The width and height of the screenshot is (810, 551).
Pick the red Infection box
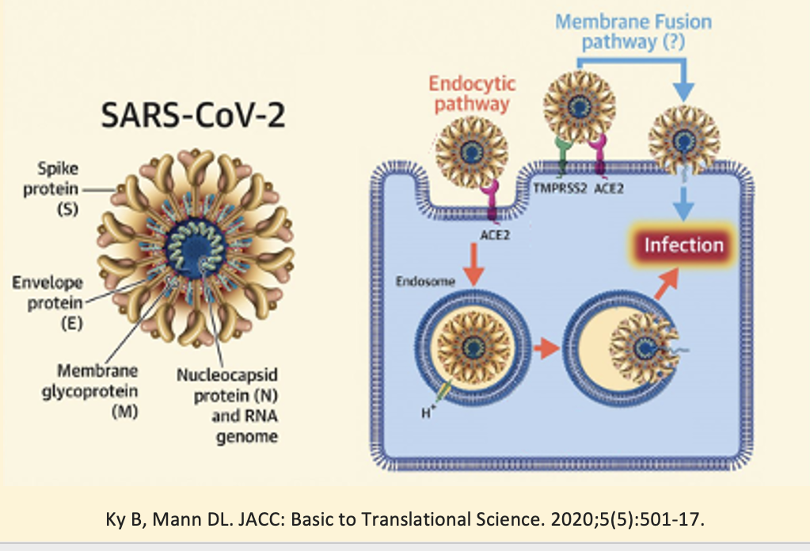pyautogui.click(x=683, y=245)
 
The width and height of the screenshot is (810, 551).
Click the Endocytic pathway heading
pyautogui.click(x=473, y=93)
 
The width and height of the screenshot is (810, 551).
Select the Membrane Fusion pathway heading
pyautogui.click(x=633, y=31)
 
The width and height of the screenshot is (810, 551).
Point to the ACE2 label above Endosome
pyautogui.click(x=496, y=234)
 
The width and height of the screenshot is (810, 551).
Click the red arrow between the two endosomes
pyautogui.click(x=542, y=348)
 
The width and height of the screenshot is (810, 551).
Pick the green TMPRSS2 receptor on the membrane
pyautogui.click(x=564, y=155)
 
